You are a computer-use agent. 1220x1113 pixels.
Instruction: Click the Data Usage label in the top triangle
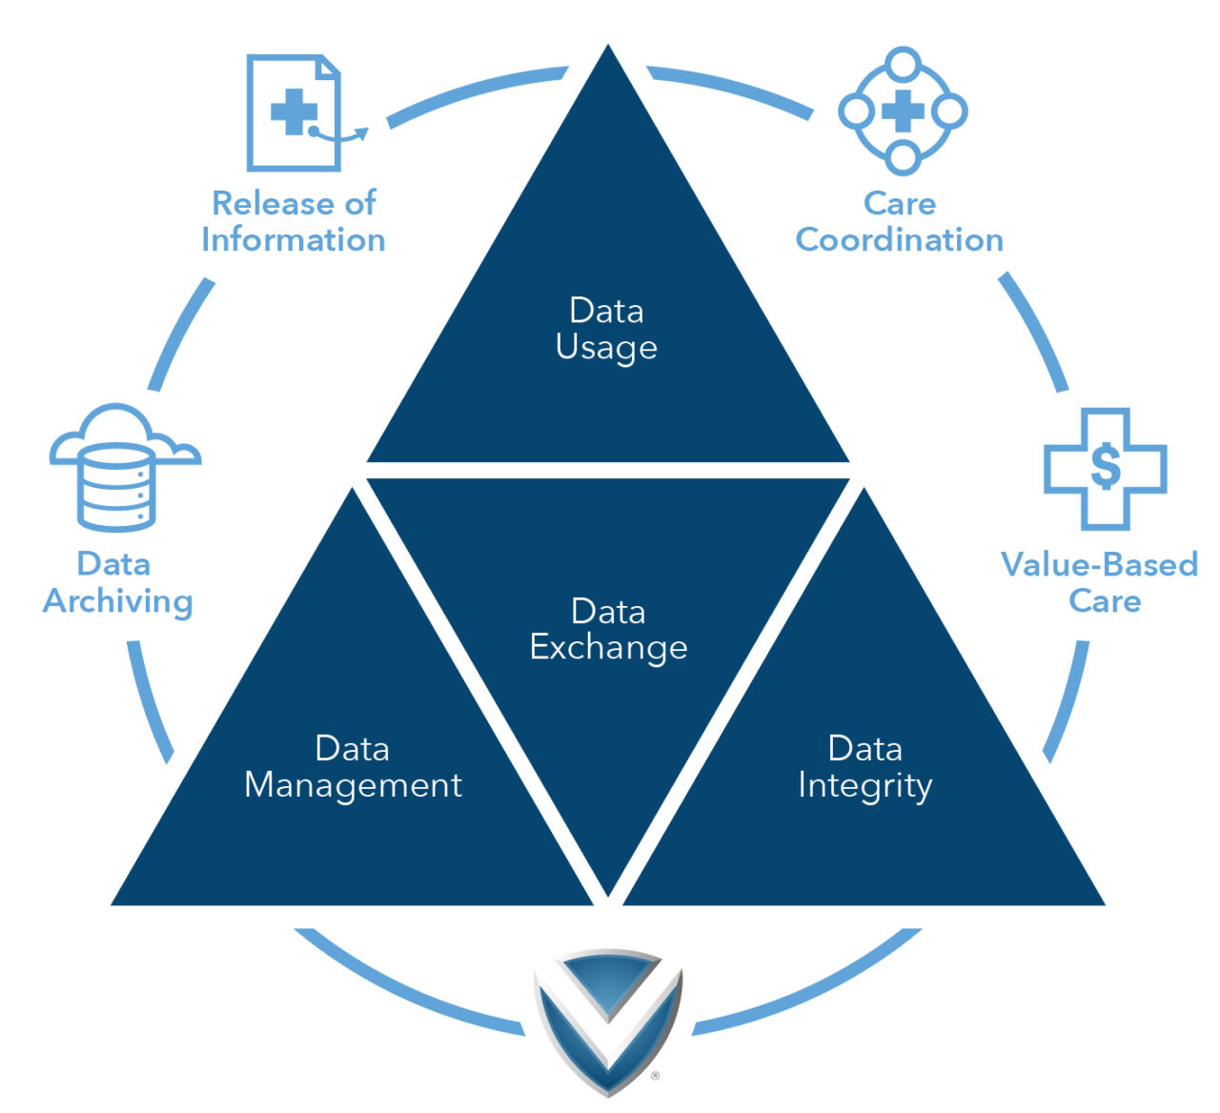(606, 329)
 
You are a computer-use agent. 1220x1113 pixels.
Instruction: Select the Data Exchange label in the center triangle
(608, 629)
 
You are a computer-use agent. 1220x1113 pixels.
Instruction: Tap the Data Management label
(353, 766)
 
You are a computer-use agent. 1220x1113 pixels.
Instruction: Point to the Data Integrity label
(864, 766)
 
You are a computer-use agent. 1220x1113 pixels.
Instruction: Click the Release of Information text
(294, 221)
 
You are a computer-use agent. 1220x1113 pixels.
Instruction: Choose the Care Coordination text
(900, 221)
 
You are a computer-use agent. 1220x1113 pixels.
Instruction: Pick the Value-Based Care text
(1100, 582)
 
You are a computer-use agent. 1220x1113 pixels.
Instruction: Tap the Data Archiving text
(117, 582)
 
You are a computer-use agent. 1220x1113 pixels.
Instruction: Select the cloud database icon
(119, 467)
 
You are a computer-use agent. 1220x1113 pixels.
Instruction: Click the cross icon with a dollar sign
(1105, 468)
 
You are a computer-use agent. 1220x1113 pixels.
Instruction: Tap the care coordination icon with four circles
(903, 111)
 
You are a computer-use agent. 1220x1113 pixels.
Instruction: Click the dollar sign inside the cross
(1106, 466)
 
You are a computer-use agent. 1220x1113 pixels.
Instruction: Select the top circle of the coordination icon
(903, 65)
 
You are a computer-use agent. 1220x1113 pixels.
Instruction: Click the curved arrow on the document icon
(343, 136)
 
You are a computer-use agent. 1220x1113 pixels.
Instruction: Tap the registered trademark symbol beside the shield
(655, 1076)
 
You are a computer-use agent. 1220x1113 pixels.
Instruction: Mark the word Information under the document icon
(294, 239)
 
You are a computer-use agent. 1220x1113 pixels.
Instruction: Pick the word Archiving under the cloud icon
(118, 601)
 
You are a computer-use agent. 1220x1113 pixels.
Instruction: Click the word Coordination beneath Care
(900, 239)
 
